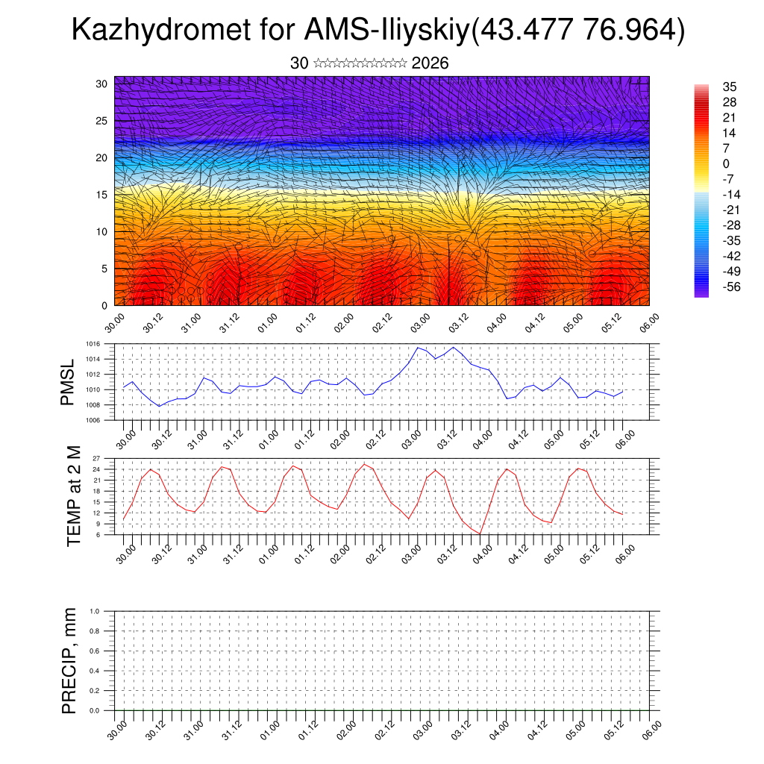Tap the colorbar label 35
click(730, 87)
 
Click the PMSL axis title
click(69, 382)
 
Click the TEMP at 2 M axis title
click(73, 495)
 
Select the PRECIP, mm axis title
click(69, 660)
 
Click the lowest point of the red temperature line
click(481, 533)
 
